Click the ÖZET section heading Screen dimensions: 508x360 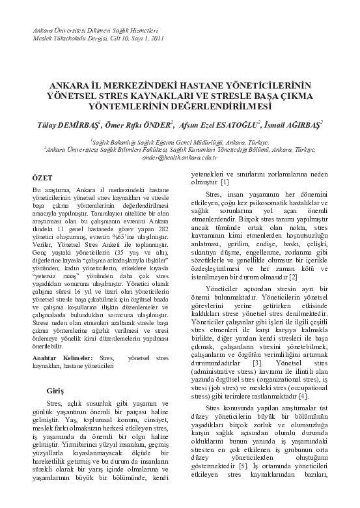click(x=42, y=176)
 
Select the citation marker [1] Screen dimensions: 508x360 click(x=224, y=181)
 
